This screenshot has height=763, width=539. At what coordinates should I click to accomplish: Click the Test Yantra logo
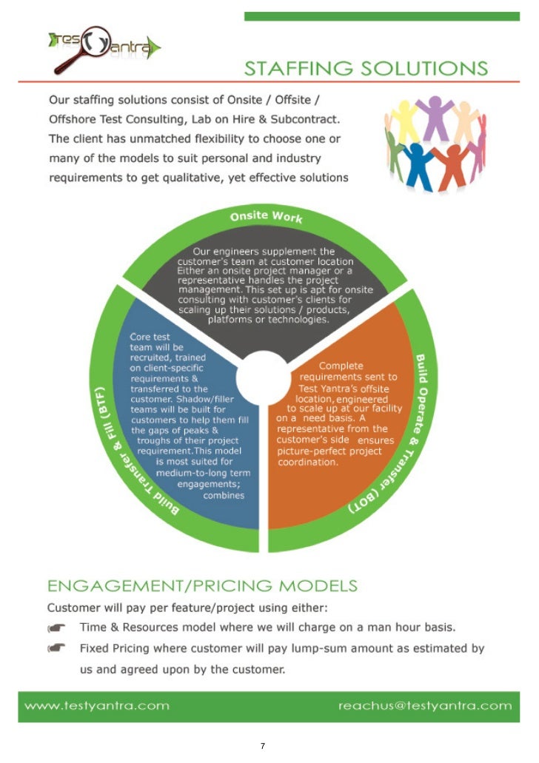104,49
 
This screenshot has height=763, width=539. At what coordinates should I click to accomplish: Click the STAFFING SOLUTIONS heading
366,69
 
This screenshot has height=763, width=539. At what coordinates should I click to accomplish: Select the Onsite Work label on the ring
267,217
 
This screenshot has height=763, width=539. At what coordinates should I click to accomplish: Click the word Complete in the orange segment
341,366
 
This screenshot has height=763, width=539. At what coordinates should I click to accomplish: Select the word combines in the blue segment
224,495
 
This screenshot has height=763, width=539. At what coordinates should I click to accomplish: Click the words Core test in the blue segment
150,337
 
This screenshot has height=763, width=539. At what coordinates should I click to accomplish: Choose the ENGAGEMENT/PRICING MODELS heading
202,586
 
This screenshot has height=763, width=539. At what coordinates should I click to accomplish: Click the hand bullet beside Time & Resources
56,628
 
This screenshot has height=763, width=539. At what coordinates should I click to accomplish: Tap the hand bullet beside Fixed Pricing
56,649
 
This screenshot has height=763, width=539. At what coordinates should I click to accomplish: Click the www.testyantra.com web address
97,705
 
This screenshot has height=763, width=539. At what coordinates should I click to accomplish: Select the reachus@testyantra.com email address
425,705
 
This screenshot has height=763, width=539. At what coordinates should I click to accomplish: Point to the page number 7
263,745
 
